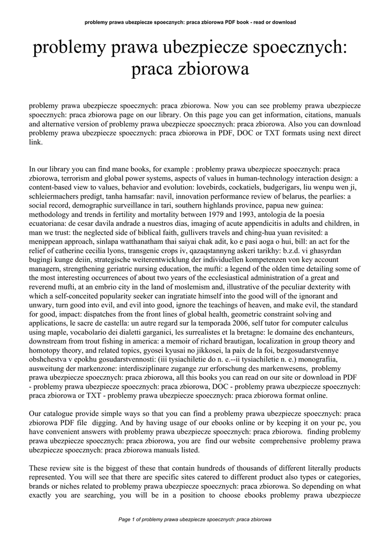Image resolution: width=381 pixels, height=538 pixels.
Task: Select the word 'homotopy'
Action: (x=45, y=350)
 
